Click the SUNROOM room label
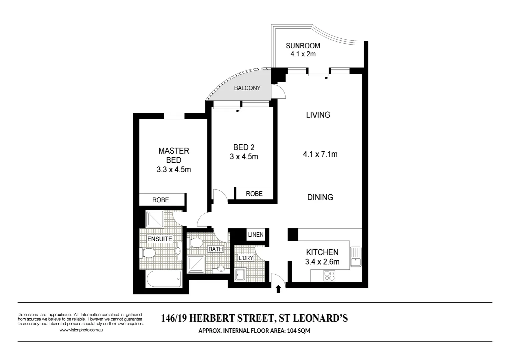(x=303, y=46)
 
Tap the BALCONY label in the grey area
(x=247, y=88)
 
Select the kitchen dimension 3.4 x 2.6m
(x=322, y=262)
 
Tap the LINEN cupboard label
(x=256, y=234)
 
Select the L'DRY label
(x=246, y=258)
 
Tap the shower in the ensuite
(x=154, y=219)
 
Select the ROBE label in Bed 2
(x=254, y=194)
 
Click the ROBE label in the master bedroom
(x=160, y=200)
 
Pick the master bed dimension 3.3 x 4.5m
(x=174, y=170)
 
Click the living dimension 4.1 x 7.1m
(x=320, y=154)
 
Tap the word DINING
(x=320, y=197)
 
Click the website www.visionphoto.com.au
(x=81, y=330)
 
